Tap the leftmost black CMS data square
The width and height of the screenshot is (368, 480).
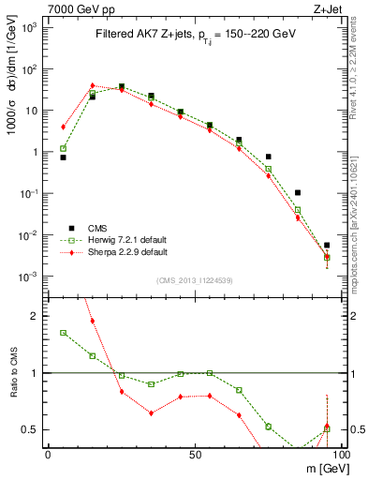coord(63,157)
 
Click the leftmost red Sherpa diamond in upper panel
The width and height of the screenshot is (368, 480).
coord(63,127)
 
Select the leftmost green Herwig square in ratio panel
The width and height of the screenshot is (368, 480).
coord(63,333)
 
